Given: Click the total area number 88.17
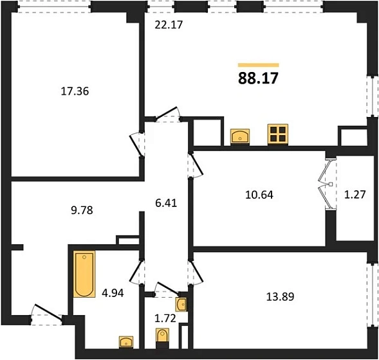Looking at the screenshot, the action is (258, 78).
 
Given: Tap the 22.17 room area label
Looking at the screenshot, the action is (169, 25).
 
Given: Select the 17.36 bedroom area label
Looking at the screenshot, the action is (75, 91).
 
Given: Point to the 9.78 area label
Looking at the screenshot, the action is (82, 210).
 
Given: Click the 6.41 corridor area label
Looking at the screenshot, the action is (166, 203).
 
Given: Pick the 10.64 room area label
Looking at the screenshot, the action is (259, 195).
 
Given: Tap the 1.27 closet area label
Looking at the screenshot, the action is (355, 195).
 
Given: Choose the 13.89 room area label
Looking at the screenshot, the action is (281, 297).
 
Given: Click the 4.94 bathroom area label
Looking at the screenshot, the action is (113, 293).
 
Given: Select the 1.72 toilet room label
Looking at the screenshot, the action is (165, 319).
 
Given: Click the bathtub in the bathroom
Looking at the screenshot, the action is (84, 274).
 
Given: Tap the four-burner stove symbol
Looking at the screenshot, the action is (278, 134).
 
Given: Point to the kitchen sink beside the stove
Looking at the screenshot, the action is (240, 136).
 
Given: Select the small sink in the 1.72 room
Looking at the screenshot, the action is (181, 305).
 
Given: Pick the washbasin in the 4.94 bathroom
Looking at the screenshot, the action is (126, 342).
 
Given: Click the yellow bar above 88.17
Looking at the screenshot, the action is (259, 65).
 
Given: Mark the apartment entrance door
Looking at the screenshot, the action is (48, 312).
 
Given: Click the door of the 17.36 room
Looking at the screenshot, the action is (136, 145).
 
